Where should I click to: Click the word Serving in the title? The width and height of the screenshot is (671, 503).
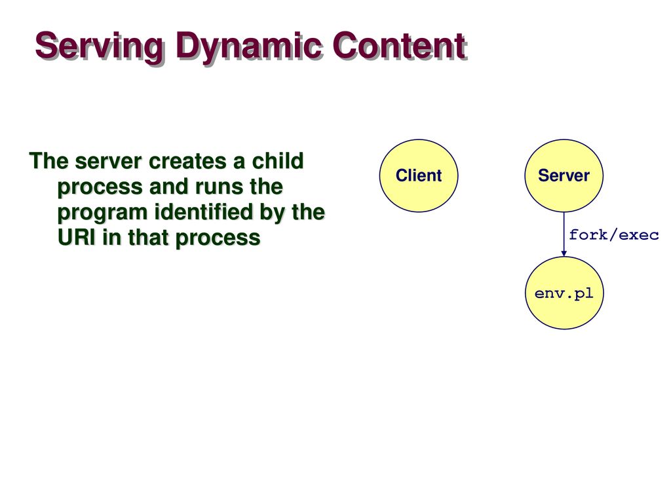[100, 47]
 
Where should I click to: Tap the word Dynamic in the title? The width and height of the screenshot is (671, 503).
[248, 47]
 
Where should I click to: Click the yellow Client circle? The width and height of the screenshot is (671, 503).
[419, 176]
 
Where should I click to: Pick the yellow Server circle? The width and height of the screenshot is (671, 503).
[564, 176]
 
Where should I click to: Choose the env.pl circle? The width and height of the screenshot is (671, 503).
[564, 293]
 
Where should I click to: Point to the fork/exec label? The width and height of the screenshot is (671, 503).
[613, 234]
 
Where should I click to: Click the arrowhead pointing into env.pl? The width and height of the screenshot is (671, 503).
[564, 253]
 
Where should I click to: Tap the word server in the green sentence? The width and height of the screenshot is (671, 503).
[108, 162]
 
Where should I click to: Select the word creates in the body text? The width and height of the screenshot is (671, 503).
[188, 162]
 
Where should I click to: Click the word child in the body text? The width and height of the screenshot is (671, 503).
[278, 161]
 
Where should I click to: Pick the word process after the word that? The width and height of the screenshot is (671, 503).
[218, 239]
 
